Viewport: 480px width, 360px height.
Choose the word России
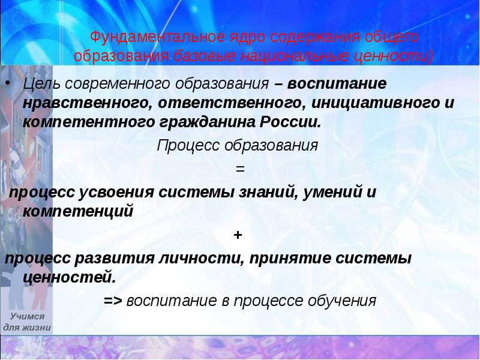pyautogui.click(x=290, y=122)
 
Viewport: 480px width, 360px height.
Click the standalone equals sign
pyautogui.click(x=240, y=169)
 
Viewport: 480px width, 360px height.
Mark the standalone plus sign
pyautogui.click(x=238, y=235)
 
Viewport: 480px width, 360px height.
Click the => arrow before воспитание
pyautogui.click(x=113, y=300)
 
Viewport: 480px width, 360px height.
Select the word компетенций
pyautogui.click(x=78, y=211)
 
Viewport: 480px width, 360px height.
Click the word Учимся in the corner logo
pyautogui.click(x=28, y=316)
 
